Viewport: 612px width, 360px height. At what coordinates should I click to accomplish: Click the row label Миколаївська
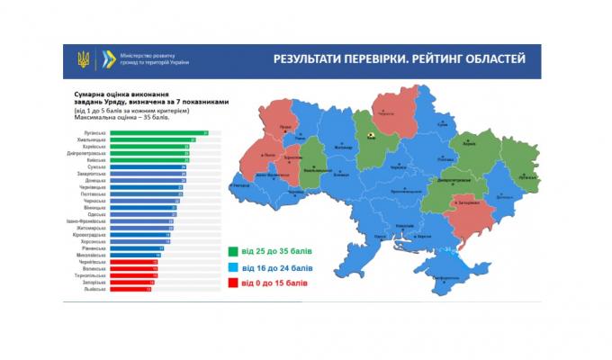click(93, 255)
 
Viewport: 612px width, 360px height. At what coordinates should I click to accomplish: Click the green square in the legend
click(233, 253)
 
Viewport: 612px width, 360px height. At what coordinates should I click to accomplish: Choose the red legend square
click(233, 283)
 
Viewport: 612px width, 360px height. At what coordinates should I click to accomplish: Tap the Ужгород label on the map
click(241, 185)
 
